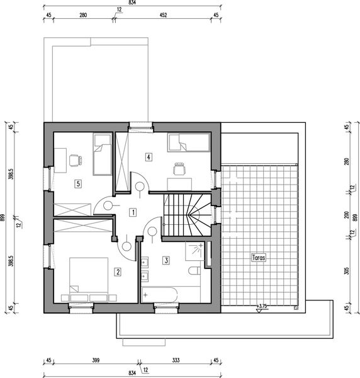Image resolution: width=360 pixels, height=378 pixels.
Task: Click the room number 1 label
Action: pos(133,212)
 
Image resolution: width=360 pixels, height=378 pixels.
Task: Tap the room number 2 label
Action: pos(118,272)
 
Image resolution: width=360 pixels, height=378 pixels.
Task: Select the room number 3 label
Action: pos(166,260)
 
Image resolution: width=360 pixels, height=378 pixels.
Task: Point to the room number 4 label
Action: pos(149,157)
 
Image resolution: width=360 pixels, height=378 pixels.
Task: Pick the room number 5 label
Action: pos(78,184)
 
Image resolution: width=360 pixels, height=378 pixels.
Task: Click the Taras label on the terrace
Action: pos(259,258)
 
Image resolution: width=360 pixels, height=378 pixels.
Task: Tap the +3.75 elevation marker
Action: pos(262,306)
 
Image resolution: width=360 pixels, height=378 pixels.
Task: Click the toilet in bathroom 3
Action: pos(194,271)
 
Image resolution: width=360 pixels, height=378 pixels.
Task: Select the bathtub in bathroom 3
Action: pos(159,294)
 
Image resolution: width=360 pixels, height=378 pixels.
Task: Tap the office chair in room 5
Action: pos(76,160)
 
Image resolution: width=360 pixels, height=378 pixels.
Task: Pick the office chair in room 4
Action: pos(180,169)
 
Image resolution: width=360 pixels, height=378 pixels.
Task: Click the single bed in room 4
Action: pos(188,142)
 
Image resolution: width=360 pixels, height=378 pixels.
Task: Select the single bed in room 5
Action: pos(102,154)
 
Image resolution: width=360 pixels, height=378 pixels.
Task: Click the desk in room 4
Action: pos(179,185)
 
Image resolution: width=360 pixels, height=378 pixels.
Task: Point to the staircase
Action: pos(188,215)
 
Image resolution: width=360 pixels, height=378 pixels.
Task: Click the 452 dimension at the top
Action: pos(163,15)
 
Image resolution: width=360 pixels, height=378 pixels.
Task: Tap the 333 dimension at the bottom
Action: pos(176,360)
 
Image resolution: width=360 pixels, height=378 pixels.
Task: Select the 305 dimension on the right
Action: pos(347,271)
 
